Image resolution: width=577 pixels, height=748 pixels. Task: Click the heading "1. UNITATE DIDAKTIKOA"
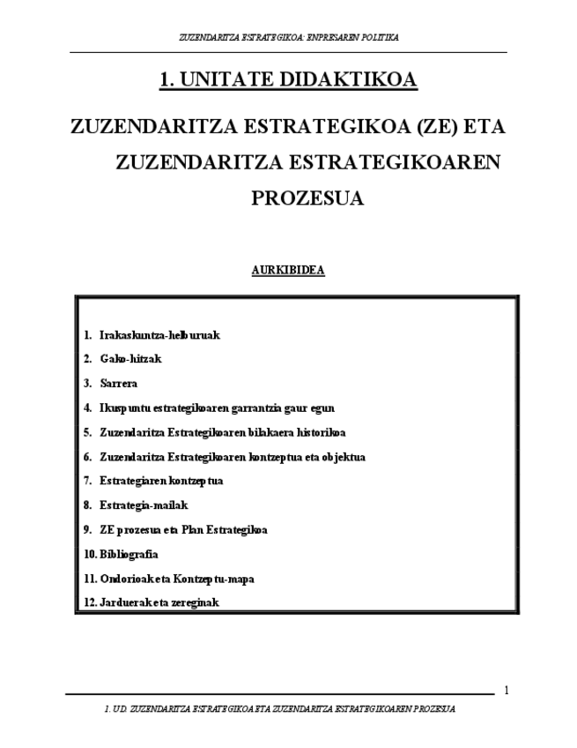(288, 81)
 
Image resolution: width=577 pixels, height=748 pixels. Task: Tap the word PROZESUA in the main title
(307, 198)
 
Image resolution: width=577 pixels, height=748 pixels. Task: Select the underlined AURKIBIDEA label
(288, 271)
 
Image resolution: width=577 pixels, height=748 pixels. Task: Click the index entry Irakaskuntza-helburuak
(159, 335)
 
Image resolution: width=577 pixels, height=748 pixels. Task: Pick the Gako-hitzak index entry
(130, 359)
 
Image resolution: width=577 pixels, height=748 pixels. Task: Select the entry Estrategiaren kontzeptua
(161, 482)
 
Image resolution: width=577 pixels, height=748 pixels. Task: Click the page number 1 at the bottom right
(506, 690)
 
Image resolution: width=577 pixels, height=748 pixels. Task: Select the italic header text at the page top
(288, 38)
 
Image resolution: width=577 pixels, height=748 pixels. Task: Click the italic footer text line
(279, 709)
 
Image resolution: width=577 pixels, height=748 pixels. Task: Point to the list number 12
(89, 602)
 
